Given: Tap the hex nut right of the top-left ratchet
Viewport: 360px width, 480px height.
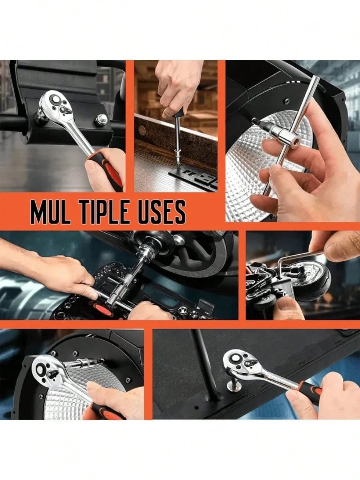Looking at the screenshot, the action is click(101, 120).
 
